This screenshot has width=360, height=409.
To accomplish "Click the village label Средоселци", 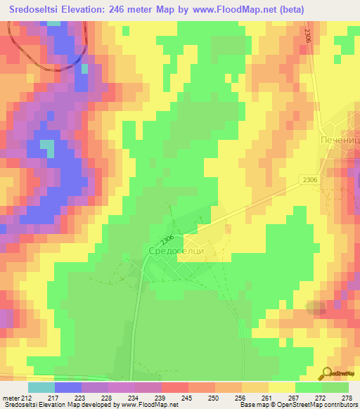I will (176, 251).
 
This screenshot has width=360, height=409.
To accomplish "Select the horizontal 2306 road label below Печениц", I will (310, 181).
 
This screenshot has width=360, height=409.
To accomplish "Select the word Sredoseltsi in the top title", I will (37, 10).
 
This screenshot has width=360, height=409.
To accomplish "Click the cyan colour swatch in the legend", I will (41, 387).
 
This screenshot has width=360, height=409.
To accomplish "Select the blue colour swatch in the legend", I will (67, 387).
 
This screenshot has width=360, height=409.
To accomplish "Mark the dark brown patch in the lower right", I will (317, 307).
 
